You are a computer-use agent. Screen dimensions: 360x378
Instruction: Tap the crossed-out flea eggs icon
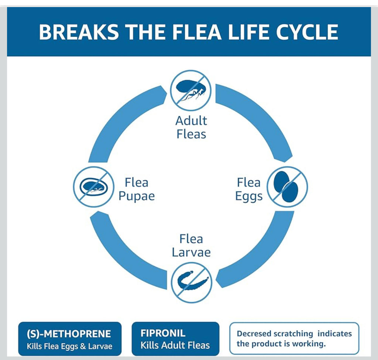[287, 186]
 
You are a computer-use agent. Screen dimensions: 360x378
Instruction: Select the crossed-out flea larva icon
[191, 282]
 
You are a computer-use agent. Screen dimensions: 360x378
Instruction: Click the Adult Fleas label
[191, 127]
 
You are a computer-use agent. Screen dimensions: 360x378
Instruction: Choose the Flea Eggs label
[249, 189]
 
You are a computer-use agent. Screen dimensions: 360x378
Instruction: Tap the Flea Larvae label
[191, 246]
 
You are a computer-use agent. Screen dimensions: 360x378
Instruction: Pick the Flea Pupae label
[136, 189]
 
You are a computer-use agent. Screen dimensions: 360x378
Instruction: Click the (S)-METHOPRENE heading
[69, 334]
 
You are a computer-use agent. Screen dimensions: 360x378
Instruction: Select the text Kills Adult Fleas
[175, 346]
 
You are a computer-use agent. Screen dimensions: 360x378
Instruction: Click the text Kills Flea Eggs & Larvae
[69, 346]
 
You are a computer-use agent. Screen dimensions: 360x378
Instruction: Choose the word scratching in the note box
[294, 334]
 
